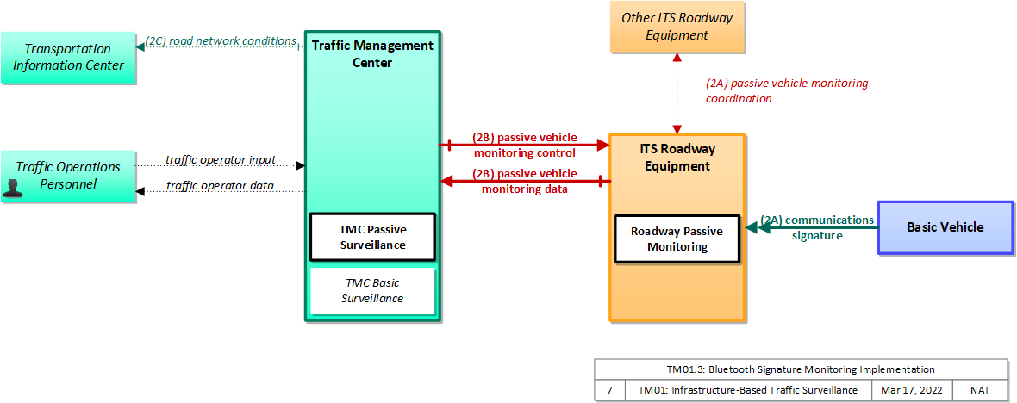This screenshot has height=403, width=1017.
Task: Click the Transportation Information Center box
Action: [x=68, y=57]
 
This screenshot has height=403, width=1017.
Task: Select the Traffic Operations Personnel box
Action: [x=68, y=177]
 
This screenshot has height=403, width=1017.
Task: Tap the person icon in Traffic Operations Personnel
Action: [x=12, y=188]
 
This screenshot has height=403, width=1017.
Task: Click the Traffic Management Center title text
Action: [x=372, y=54]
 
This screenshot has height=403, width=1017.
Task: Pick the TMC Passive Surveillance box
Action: [x=372, y=237]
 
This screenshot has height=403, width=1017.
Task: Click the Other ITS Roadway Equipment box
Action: [x=677, y=27]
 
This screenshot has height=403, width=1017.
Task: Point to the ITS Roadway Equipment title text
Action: [x=677, y=158]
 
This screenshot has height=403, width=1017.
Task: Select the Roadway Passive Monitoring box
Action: [x=677, y=239]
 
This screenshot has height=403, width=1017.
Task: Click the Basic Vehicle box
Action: [x=945, y=227]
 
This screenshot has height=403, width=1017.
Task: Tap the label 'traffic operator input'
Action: [x=221, y=159]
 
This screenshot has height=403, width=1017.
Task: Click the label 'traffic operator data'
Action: [x=220, y=186]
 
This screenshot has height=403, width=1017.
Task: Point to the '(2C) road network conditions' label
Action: [x=220, y=40]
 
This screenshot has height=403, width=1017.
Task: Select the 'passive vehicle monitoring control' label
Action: [x=525, y=146]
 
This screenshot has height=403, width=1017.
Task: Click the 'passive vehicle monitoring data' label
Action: [x=525, y=182]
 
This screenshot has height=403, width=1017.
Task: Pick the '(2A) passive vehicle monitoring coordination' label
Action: [x=786, y=91]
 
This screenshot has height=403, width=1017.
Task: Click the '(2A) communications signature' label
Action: [x=816, y=227]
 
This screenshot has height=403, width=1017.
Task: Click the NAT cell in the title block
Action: [x=980, y=390]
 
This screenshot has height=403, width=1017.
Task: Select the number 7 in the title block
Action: [x=609, y=390]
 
